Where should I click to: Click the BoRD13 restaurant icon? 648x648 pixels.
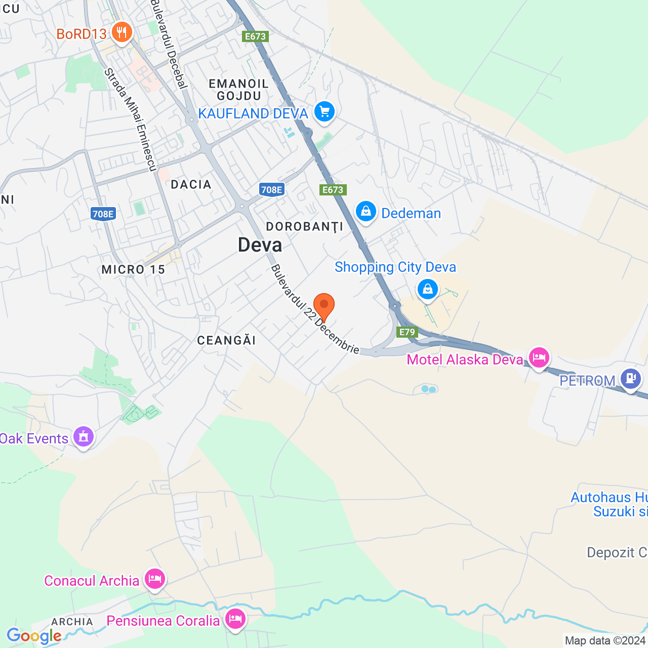tap(121, 33)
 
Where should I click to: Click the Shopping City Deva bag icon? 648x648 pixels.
tap(427, 289)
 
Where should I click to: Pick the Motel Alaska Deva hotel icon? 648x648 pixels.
tap(539, 358)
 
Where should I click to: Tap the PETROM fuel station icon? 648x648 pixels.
tap(631, 378)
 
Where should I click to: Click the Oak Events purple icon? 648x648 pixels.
tap(84, 436)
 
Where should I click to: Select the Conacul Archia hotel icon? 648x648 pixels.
tap(155, 579)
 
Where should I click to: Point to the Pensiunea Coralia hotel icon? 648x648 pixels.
tap(235, 619)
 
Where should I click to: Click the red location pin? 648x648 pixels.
tap(324, 306)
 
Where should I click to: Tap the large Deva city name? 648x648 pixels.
tap(260, 246)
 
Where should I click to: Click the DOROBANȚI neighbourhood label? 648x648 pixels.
tap(304, 227)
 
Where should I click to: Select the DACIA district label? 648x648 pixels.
tap(191, 184)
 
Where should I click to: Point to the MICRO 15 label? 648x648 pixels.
tap(133, 269)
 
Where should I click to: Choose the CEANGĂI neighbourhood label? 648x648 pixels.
tap(226, 340)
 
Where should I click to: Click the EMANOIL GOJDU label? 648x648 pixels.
tap(238, 90)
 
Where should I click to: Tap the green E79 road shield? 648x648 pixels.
tap(407, 332)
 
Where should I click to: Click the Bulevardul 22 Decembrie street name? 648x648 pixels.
tap(315, 309)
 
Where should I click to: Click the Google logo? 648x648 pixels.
tap(34, 636)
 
